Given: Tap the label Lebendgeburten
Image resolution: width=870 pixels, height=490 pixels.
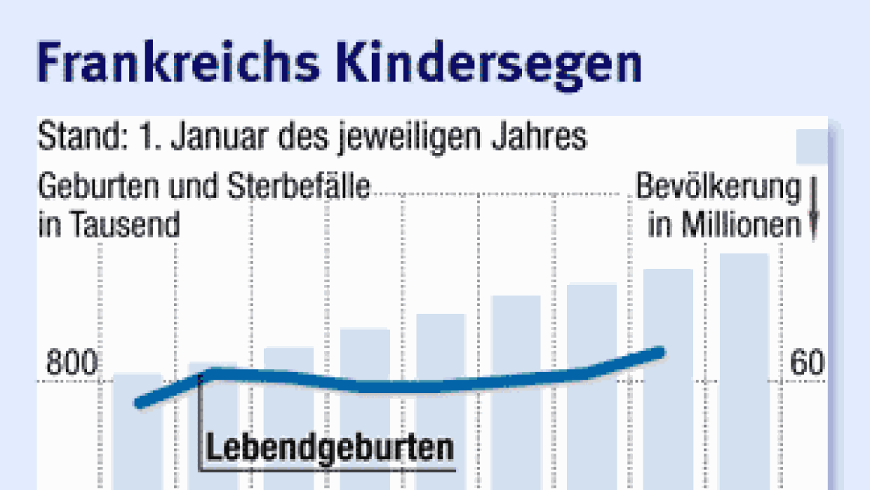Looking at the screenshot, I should click(329, 449).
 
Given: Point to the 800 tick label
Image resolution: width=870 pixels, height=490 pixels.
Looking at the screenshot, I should click(72, 364).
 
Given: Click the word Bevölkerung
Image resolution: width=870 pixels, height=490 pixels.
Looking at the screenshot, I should click(717, 188).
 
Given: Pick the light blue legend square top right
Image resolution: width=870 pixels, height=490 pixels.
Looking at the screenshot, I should click(811, 147).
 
